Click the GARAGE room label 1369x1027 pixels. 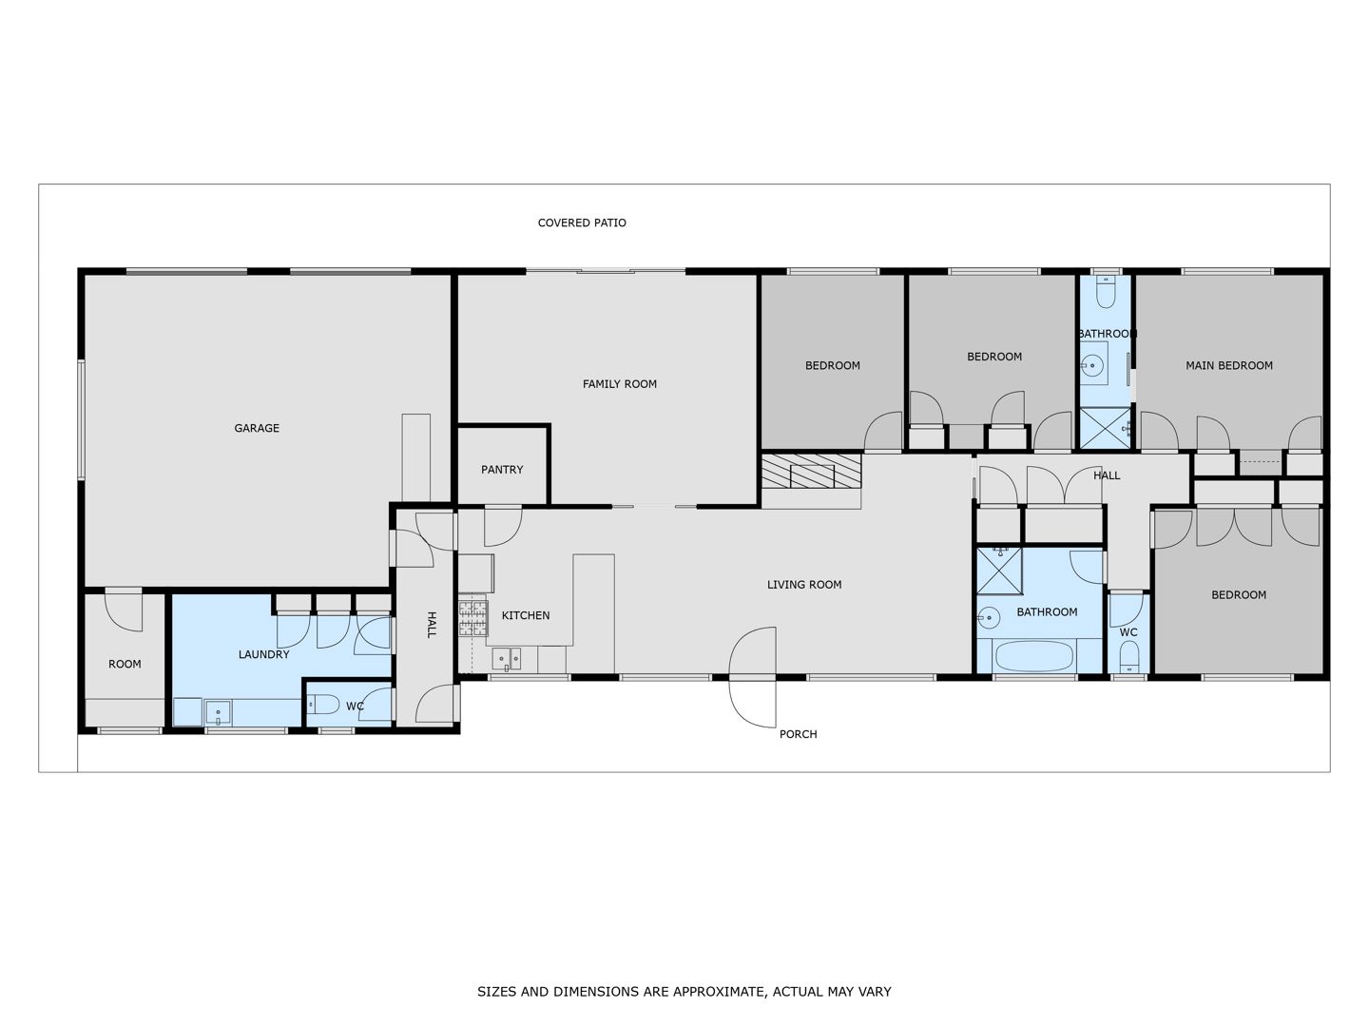(x=257, y=428)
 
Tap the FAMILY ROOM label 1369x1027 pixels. (x=619, y=384)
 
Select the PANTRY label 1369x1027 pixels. (x=502, y=470)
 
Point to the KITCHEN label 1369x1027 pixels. (x=526, y=615)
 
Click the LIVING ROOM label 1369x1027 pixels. (x=804, y=584)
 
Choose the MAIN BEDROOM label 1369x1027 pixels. (x=1228, y=365)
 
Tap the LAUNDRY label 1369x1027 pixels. (x=264, y=654)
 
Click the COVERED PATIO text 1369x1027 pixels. (x=582, y=223)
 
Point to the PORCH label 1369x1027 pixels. (x=798, y=734)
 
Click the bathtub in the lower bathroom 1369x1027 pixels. (x=1034, y=656)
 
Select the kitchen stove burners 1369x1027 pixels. (x=472, y=617)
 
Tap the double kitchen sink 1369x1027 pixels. (x=507, y=659)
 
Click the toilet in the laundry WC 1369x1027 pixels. (x=323, y=705)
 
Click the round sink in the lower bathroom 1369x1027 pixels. (x=988, y=618)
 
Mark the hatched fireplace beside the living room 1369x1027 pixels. (x=811, y=471)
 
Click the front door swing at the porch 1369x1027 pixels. (x=753, y=677)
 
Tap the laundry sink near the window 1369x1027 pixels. (x=219, y=712)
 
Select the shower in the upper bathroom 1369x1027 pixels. (x=1105, y=428)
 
